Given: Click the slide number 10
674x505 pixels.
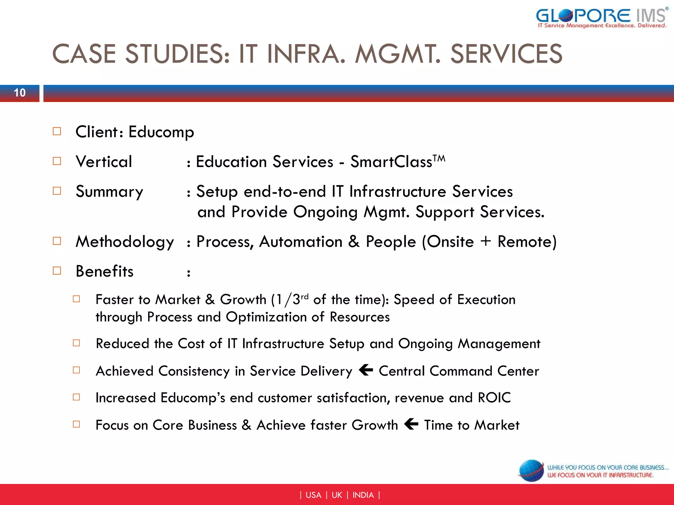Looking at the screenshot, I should tap(20, 93).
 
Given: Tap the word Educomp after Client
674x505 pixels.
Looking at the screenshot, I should tap(161, 132).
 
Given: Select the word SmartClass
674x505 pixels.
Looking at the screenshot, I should tap(391, 162).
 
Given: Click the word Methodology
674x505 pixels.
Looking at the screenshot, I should tap(125, 242).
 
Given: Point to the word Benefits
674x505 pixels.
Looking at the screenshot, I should tap(105, 272).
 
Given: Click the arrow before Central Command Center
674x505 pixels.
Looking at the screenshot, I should tap(366, 370).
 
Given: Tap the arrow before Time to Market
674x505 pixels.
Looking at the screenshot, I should tap(411, 424).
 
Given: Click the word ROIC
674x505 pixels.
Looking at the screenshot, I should tap(494, 398).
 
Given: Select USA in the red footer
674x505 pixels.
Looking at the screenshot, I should tap(313, 495).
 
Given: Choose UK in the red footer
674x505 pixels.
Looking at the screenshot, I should tap(337, 495).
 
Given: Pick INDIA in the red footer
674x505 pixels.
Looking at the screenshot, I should tap(363, 495).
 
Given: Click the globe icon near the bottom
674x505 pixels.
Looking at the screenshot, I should tap(531, 471).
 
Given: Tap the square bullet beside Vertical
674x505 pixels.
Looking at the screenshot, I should tap(57, 161).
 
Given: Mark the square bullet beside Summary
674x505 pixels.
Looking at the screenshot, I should tap(57, 191).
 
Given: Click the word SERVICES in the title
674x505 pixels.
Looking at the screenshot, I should tap(506, 54).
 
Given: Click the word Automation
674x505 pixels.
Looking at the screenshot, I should tap(301, 242).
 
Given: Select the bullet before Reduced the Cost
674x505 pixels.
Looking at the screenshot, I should tap(76, 343).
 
